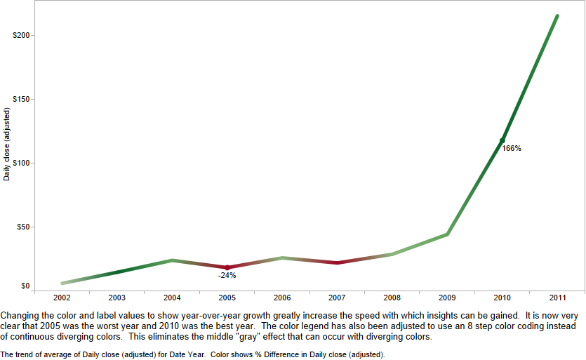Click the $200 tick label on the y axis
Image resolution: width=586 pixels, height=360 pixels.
[x=20, y=35]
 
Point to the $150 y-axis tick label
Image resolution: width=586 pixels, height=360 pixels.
[x=20, y=99]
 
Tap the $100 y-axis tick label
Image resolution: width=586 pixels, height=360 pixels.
[x=20, y=163]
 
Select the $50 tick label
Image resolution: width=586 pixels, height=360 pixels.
[x=22, y=227]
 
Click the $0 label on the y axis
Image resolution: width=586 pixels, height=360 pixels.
[x=25, y=286]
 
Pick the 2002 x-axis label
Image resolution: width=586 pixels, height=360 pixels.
[x=62, y=298]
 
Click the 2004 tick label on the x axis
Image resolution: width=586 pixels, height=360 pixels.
[x=172, y=298]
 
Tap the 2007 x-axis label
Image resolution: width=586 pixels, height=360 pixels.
[x=337, y=298]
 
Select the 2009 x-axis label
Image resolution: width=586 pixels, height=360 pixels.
[x=447, y=298]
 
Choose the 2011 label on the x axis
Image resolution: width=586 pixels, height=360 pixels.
[x=557, y=298]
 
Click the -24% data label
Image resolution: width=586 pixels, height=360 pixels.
[x=227, y=275]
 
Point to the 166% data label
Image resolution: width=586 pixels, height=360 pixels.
[x=512, y=148]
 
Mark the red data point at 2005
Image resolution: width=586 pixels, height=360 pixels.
[x=227, y=267]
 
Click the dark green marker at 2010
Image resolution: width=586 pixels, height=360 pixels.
[x=502, y=140]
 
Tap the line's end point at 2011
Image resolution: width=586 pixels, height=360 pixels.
[x=557, y=15]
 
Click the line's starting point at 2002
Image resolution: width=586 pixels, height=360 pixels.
[x=62, y=284]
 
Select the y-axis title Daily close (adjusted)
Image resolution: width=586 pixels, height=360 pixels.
[x=7, y=144]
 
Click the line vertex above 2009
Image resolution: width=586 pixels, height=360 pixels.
[x=447, y=234]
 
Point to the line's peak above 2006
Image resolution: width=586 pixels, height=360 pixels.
[x=282, y=258]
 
